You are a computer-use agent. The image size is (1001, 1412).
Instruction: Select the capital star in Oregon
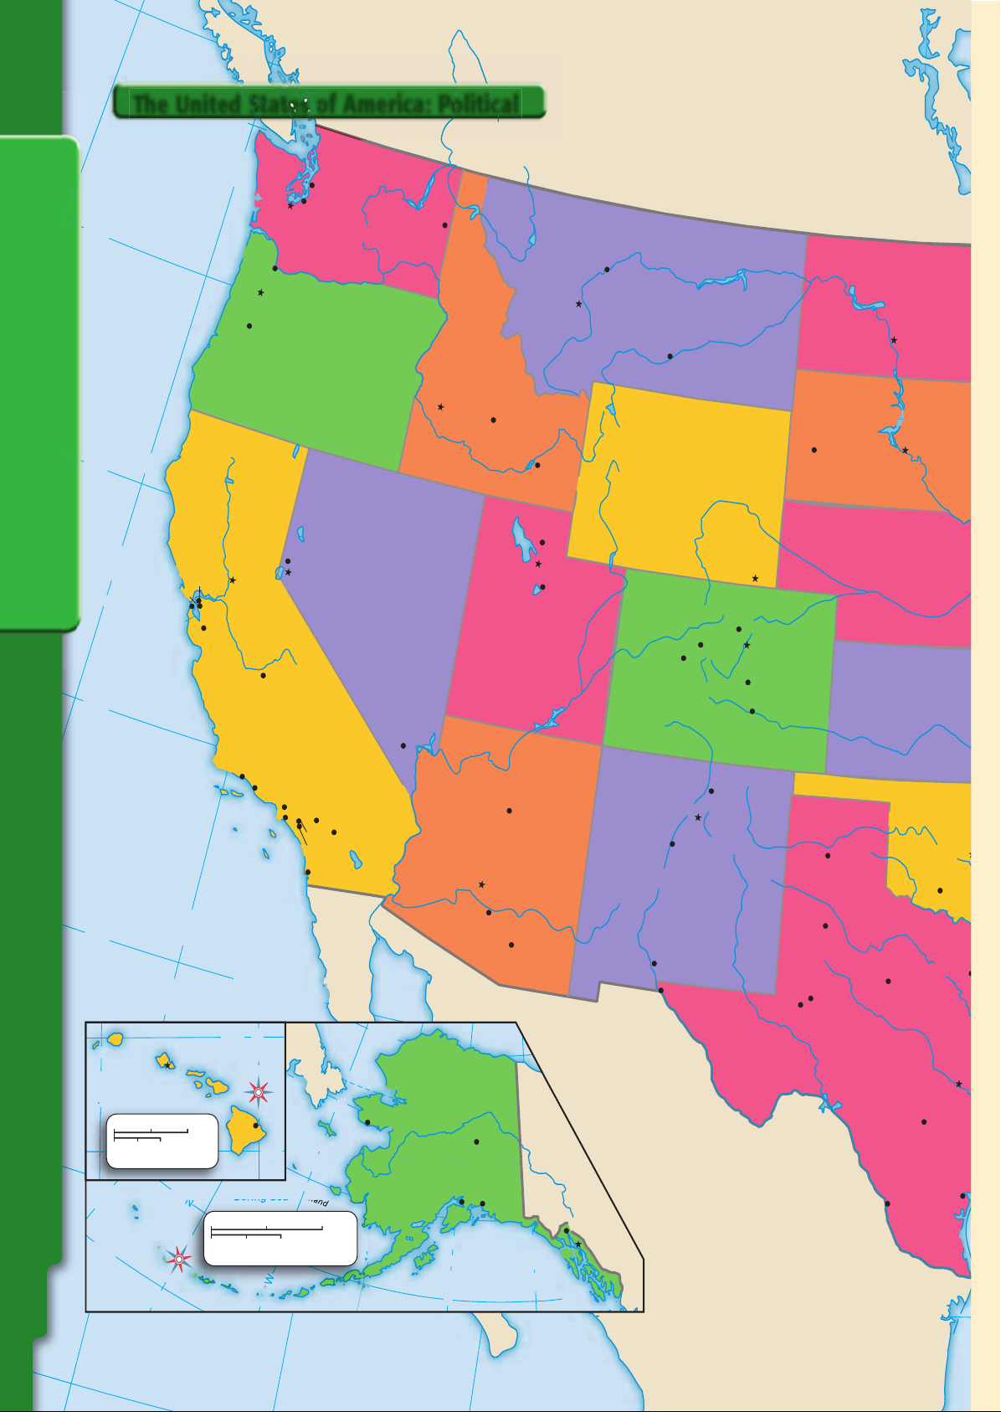click(x=261, y=293)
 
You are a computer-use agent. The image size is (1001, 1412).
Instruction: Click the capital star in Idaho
click(x=440, y=407)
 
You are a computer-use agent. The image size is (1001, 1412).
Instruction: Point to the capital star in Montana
click(x=579, y=304)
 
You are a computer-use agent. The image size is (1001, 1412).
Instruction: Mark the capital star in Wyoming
click(x=755, y=579)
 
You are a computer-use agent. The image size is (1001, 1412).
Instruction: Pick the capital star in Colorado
click(x=747, y=646)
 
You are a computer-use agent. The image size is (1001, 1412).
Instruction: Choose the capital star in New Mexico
click(x=698, y=817)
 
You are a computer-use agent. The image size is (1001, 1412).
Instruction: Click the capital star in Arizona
click(x=481, y=884)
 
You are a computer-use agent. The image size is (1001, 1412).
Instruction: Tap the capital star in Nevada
click(x=289, y=572)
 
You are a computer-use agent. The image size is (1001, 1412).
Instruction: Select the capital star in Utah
click(x=538, y=564)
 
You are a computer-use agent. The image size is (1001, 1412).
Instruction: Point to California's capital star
click(x=233, y=580)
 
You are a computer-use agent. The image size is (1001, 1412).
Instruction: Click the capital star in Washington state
click(x=290, y=206)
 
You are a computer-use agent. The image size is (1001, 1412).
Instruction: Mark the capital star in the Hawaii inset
click(x=167, y=1065)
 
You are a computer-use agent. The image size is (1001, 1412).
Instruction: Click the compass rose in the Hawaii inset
click(x=259, y=1092)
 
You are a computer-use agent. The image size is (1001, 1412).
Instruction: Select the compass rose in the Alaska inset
click(x=178, y=1259)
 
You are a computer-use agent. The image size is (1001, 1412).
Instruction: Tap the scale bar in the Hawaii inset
click(x=151, y=1134)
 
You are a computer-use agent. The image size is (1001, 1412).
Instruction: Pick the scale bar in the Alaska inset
click(x=267, y=1231)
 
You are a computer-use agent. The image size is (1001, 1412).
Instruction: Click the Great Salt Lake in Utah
click(x=524, y=540)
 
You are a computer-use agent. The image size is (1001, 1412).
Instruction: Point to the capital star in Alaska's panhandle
click(x=577, y=1245)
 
